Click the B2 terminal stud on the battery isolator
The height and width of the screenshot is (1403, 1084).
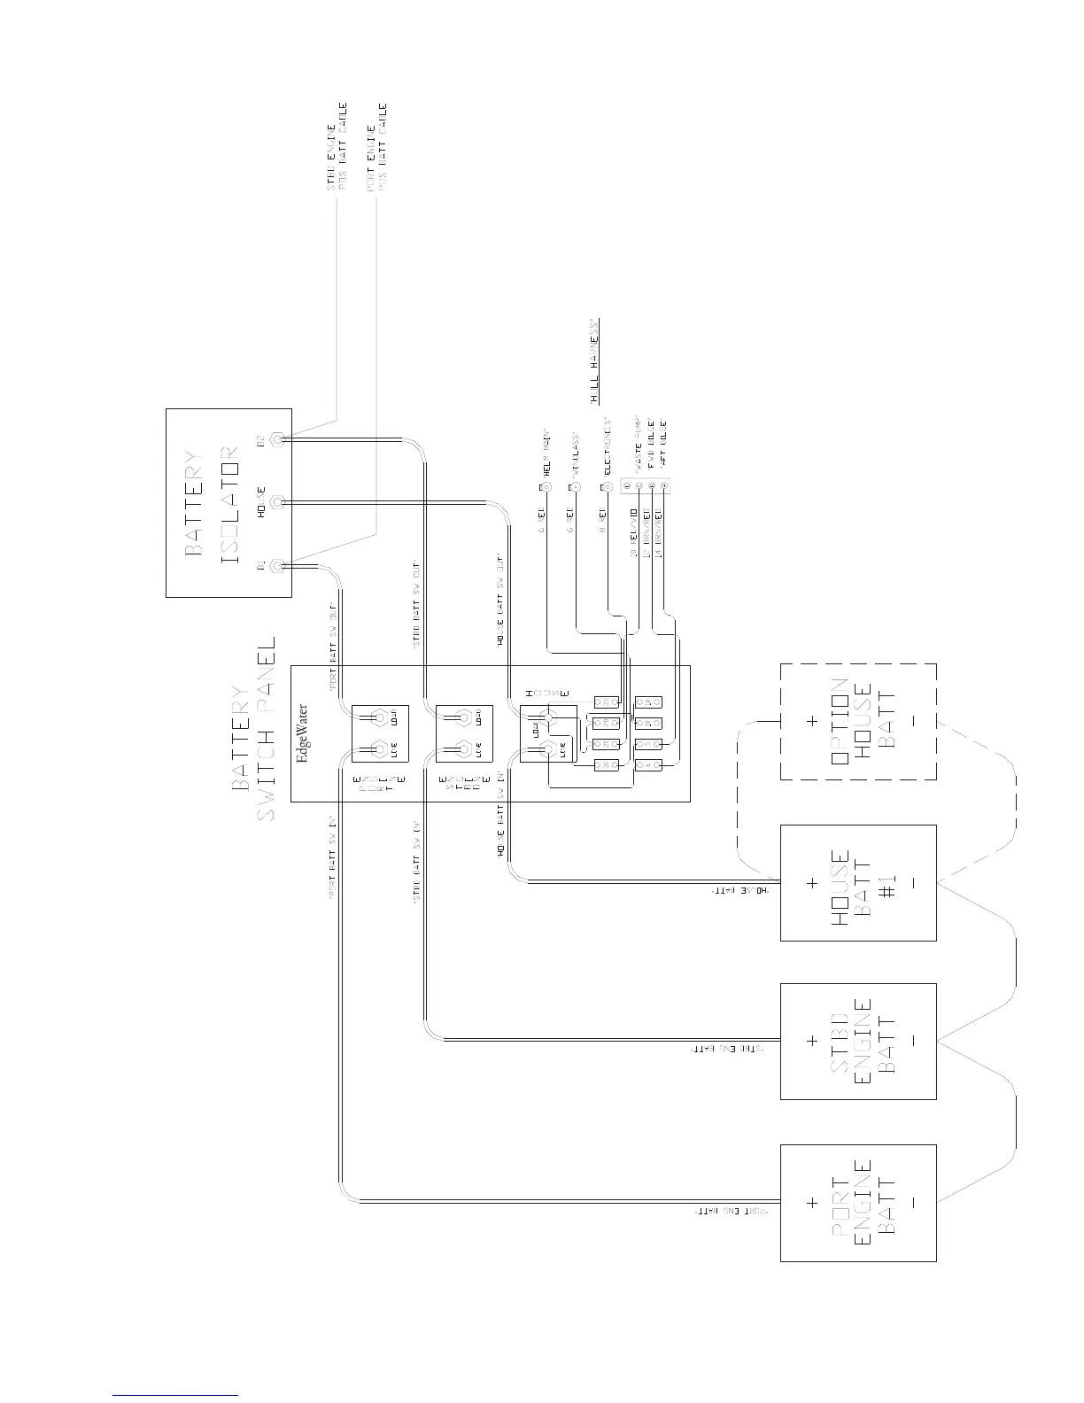[277, 439]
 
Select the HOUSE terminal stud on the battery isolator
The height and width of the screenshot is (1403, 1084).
[277, 502]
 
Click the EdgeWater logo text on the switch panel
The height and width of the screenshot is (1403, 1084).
[303, 734]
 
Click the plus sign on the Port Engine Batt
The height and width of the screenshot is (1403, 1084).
[812, 1203]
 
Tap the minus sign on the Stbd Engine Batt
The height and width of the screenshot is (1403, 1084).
[912, 1042]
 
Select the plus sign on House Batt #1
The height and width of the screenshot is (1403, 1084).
[812, 882]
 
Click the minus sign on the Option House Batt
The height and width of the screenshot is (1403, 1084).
[912, 722]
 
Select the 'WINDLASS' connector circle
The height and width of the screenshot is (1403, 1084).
[574, 487]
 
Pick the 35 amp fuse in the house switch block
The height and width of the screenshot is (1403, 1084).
[606, 702]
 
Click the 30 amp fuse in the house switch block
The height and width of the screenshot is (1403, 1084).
[606, 764]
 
